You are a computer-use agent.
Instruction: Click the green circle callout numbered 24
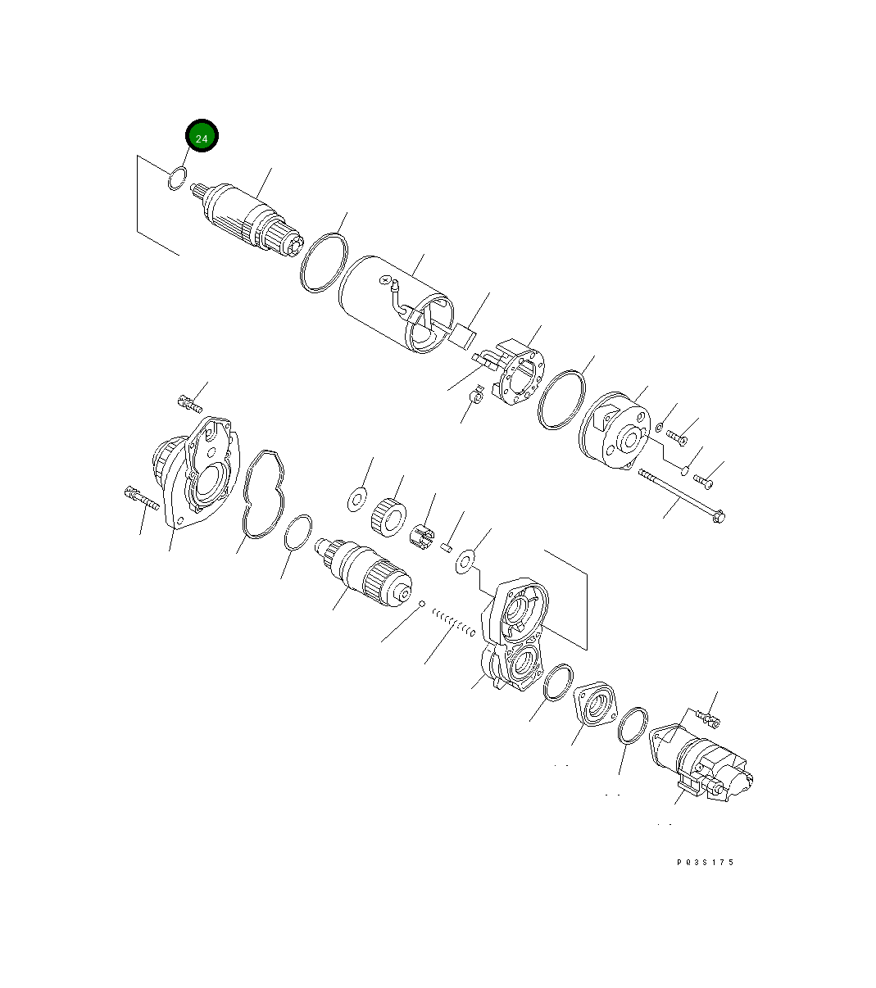(x=202, y=137)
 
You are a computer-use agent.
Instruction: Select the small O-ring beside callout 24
(x=176, y=179)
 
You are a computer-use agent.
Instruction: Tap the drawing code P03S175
(x=706, y=862)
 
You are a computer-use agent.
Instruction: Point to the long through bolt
(x=680, y=495)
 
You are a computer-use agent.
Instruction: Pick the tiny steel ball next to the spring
(x=421, y=605)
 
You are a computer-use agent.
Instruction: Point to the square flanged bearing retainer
(x=598, y=702)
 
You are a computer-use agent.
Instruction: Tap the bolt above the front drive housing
(x=189, y=403)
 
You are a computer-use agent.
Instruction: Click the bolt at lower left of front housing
(x=141, y=496)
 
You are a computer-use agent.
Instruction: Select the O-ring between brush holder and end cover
(x=563, y=400)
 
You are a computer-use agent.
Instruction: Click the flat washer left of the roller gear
(x=356, y=498)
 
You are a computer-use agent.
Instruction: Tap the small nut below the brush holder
(x=474, y=398)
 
